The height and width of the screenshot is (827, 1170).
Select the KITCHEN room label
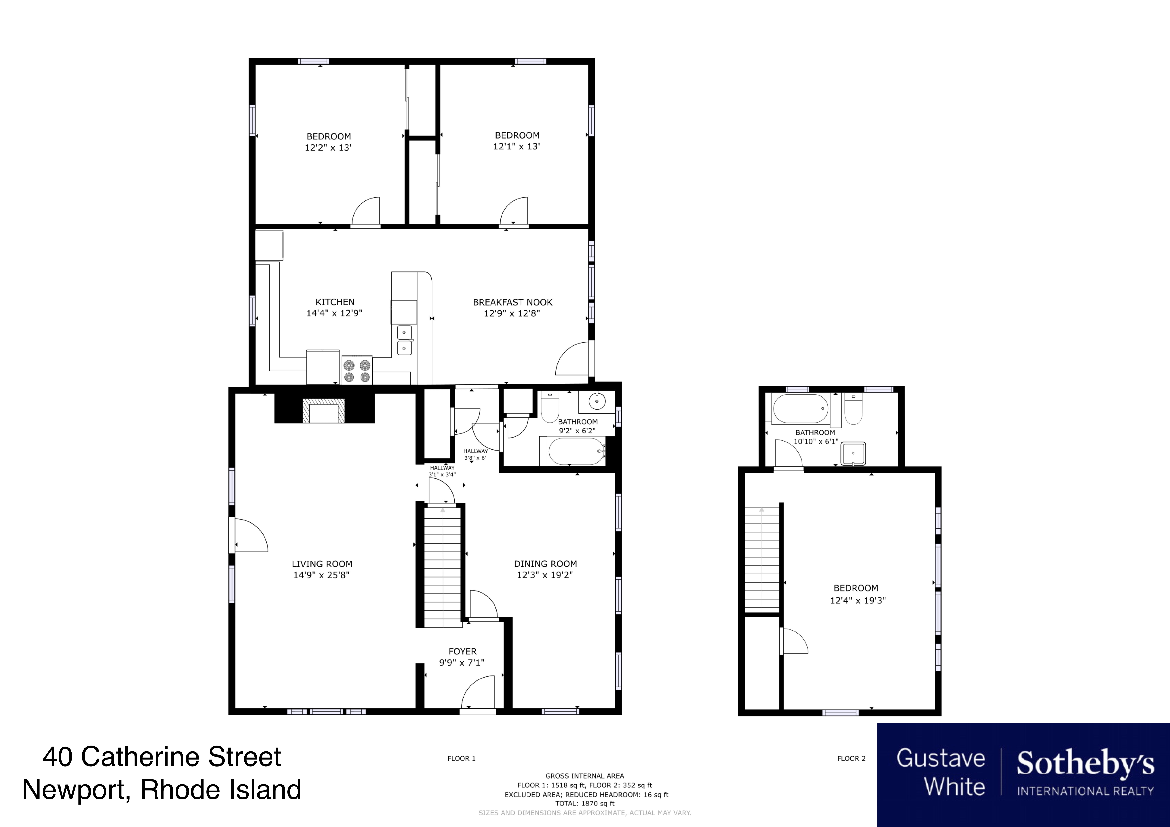335,302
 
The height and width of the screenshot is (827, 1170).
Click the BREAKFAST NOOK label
513,302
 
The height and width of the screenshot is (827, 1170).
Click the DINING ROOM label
545,564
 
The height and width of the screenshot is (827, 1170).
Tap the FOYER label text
462,651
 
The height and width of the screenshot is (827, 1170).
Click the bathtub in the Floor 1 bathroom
573,451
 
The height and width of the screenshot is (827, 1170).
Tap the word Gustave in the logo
941,758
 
